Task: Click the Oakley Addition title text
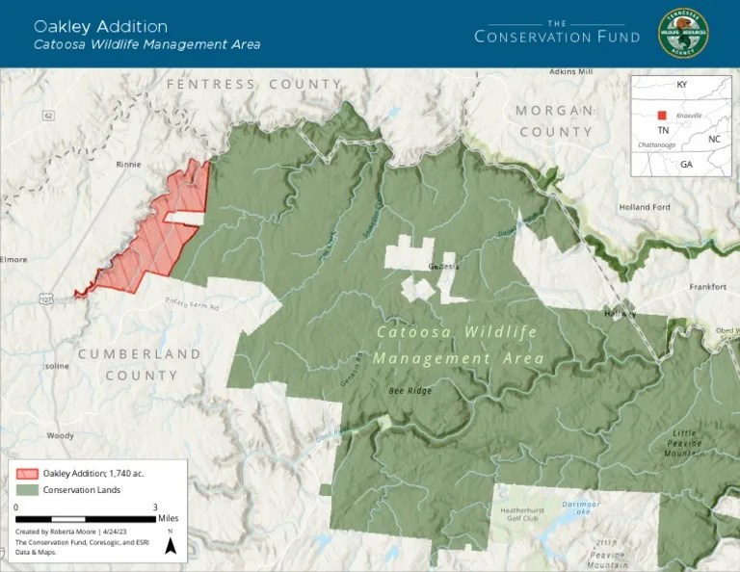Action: pyautogui.click(x=100, y=26)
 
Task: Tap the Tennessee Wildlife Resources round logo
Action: pyautogui.click(x=682, y=34)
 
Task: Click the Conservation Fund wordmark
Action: pyautogui.click(x=557, y=36)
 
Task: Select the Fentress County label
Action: pyautogui.click(x=254, y=85)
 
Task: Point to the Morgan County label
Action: pyautogui.click(x=555, y=120)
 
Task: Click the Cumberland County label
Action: pyautogui.click(x=140, y=364)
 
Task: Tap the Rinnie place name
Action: pyautogui.click(x=128, y=164)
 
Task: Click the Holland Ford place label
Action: pyautogui.click(x=645, y=207)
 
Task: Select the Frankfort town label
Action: pyautogui.click(x=707, y=287)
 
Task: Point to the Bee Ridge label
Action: pyautogui.click(x=410, y=391)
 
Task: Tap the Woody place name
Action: pyautogui.click(x=61, y=436)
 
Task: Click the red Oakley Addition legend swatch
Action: pyautogui.click(x=27, y=473)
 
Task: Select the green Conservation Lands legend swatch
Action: pyautogui.click(x=27, y=490)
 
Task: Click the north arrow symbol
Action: pyautogui.click(x=171, y=546)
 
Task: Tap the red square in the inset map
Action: pyautogui.click(x=662, y=115)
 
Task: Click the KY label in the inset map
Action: pyautogui.click(x=682, y=85)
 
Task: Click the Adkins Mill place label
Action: pyautogui.click(x=571, y=72)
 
